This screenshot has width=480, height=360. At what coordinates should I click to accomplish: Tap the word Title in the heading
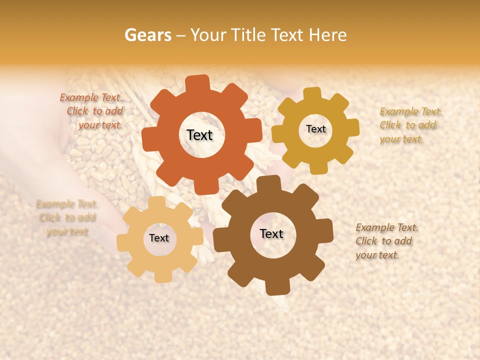pyautogui.click(x=250, y=35)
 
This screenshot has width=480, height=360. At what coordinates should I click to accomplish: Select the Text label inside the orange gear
pyautogui.click(x=199, y=135)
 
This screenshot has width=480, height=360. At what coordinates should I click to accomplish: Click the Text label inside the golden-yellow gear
pyautogui.click(x=315, y=129)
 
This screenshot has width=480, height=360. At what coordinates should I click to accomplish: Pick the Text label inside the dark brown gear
pyautogui.click(x=271, y=234)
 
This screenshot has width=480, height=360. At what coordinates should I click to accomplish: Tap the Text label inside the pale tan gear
pyautogui.click(x=159, y=238)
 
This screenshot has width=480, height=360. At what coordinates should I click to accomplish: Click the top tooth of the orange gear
pyautogui.click(x=198, y=83)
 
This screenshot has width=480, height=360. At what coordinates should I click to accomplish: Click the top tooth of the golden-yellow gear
pyautogui.click(x=312, y=93)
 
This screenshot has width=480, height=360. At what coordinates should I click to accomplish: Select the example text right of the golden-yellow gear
pyautogui.click(x=410, y=125)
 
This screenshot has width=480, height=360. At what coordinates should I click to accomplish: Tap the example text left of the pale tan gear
pyautogui.click(x=67, y=217)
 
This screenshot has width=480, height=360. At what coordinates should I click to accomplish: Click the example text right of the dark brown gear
pyautogui.click(x=386, y=241)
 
